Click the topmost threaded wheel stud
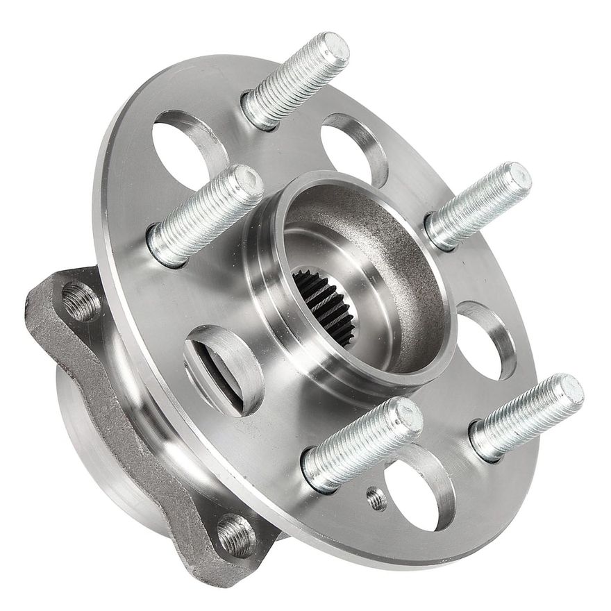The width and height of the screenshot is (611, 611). tap(295, 80)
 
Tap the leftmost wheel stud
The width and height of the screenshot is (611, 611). tap(206, 215)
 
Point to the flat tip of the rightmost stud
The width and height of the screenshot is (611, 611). tap(567, 392)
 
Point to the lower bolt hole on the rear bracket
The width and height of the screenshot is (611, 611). tap(237, 535)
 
